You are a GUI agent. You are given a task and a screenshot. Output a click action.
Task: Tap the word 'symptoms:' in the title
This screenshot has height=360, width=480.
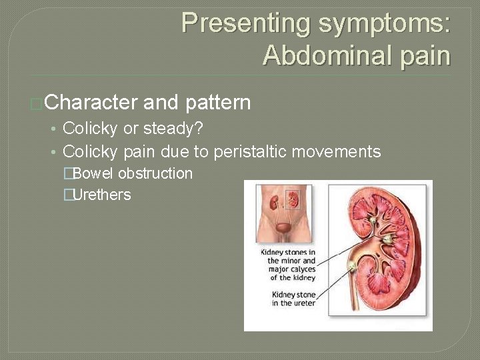tap(385, 23)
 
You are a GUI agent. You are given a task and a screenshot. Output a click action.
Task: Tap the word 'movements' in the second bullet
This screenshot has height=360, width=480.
tap(341, 152)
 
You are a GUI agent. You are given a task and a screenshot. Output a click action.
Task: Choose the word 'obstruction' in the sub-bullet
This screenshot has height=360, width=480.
tap(155, 174)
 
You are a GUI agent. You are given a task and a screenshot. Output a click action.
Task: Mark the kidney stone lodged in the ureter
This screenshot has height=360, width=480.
tap(352, 267)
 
